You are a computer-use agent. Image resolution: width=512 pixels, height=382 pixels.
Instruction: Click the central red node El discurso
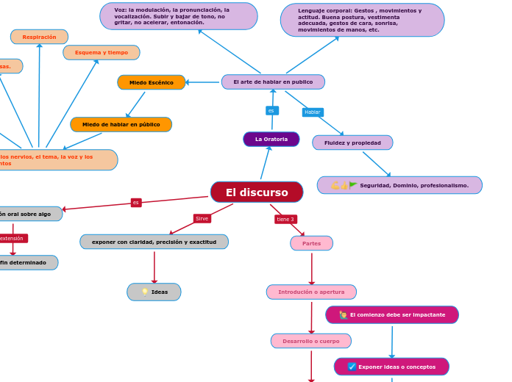[x=257, y=192]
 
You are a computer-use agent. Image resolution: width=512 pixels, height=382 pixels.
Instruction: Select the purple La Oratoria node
[x=271, y=139]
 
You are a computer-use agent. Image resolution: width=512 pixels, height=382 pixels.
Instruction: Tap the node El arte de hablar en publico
[x=273, y=82]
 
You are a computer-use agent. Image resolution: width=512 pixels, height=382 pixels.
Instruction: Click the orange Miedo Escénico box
[x=152, y=82]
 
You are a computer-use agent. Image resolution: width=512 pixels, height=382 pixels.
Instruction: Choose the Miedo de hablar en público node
[x=121, y=124]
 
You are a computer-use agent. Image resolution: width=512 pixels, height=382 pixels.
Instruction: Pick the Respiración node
[x=39, y=37]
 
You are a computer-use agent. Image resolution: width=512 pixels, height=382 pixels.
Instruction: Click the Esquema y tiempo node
[x=102, y=52]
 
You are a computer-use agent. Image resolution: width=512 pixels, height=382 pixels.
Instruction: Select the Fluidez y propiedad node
[x=352, y=143]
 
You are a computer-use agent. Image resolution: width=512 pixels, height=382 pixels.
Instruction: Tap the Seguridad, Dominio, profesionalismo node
[x=399, y=185]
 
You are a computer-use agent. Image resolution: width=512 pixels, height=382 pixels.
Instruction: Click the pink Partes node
[x=311, y=243]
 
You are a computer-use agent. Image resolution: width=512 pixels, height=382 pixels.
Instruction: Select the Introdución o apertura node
[x=311, y=292]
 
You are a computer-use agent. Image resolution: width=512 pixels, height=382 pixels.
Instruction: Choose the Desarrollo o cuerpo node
[x=310, y=341]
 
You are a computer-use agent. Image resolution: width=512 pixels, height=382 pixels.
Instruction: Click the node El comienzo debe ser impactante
[x=392, y=314]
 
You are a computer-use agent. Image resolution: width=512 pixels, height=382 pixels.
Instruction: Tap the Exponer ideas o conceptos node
[x=391, y=367]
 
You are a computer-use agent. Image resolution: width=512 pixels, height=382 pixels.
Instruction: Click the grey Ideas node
[x=154, y=292]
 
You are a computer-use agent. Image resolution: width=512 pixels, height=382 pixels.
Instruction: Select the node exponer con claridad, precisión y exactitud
[x=154, y=242]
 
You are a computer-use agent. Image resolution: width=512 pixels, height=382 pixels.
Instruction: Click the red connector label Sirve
[x=202, y=218]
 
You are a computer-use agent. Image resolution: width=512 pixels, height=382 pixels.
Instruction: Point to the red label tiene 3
[x=285, y=219]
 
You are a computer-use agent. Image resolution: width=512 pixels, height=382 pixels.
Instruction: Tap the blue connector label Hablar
[x=313, y=112]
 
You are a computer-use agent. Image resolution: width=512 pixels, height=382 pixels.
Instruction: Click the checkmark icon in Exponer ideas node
[x=352, y=367]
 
